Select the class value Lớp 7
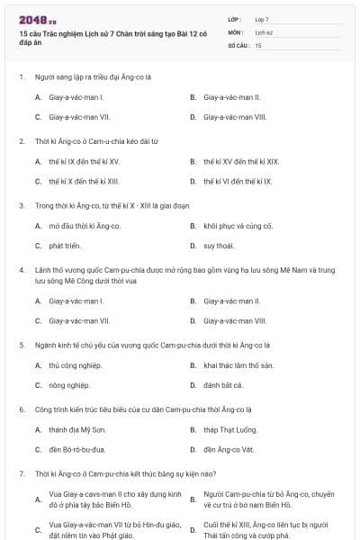[262, 19]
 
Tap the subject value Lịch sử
[264, 31]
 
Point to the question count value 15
[258, 44]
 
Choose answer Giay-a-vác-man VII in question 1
[80, 116]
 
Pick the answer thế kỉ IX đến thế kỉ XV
[84, 161]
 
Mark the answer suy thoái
[219, 245]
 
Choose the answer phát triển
[65, 245]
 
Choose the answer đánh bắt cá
[223, 385]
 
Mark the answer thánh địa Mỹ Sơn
[74, 429]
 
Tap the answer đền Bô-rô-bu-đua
[77, 449]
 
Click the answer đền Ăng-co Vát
[230, 449]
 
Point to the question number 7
[21, 473]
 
